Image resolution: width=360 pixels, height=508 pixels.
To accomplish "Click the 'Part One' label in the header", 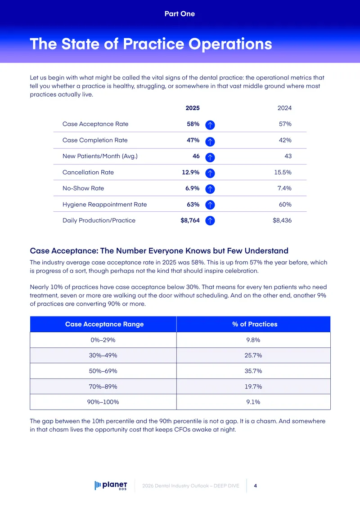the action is tap(180, 13).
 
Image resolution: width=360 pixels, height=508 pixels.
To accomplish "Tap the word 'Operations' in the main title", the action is tap(230, 44).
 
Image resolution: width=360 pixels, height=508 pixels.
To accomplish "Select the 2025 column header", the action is tap(193, 108).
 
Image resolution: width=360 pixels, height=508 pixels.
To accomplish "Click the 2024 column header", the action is tap(284, 108).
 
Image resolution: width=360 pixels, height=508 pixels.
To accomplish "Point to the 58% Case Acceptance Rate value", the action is tap(193, 124).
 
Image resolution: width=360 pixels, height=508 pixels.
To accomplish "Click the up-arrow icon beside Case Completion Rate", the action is tap(210, 141).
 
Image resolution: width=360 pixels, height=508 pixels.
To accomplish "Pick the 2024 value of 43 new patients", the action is tap(288, 156).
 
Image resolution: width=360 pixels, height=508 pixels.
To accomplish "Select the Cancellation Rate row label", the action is tap(88, 172).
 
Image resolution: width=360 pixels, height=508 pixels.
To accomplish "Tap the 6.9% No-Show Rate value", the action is tap(192, 188).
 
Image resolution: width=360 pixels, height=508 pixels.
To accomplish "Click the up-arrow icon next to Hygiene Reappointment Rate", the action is tap(210, 205).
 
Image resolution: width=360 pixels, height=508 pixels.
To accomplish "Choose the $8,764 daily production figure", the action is tap(190, 220).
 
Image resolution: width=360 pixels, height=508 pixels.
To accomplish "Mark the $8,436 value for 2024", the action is tap(282, 220).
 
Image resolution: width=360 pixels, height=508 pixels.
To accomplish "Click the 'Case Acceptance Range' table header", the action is tap(104, 324).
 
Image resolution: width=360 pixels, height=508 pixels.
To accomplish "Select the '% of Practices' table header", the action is tap(255, 324).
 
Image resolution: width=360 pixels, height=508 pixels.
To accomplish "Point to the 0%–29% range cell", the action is tap(103, 340).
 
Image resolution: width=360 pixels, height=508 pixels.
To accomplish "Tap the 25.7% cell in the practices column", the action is tap(253, 356).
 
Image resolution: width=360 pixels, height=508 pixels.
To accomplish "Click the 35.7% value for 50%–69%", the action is tap(253, 371).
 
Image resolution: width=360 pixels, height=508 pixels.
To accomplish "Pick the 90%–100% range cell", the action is tap(103, 402).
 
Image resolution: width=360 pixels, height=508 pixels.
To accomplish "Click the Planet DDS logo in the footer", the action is tap(111, 486).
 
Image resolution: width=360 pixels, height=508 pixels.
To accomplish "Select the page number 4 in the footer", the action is tap(256, 486).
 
